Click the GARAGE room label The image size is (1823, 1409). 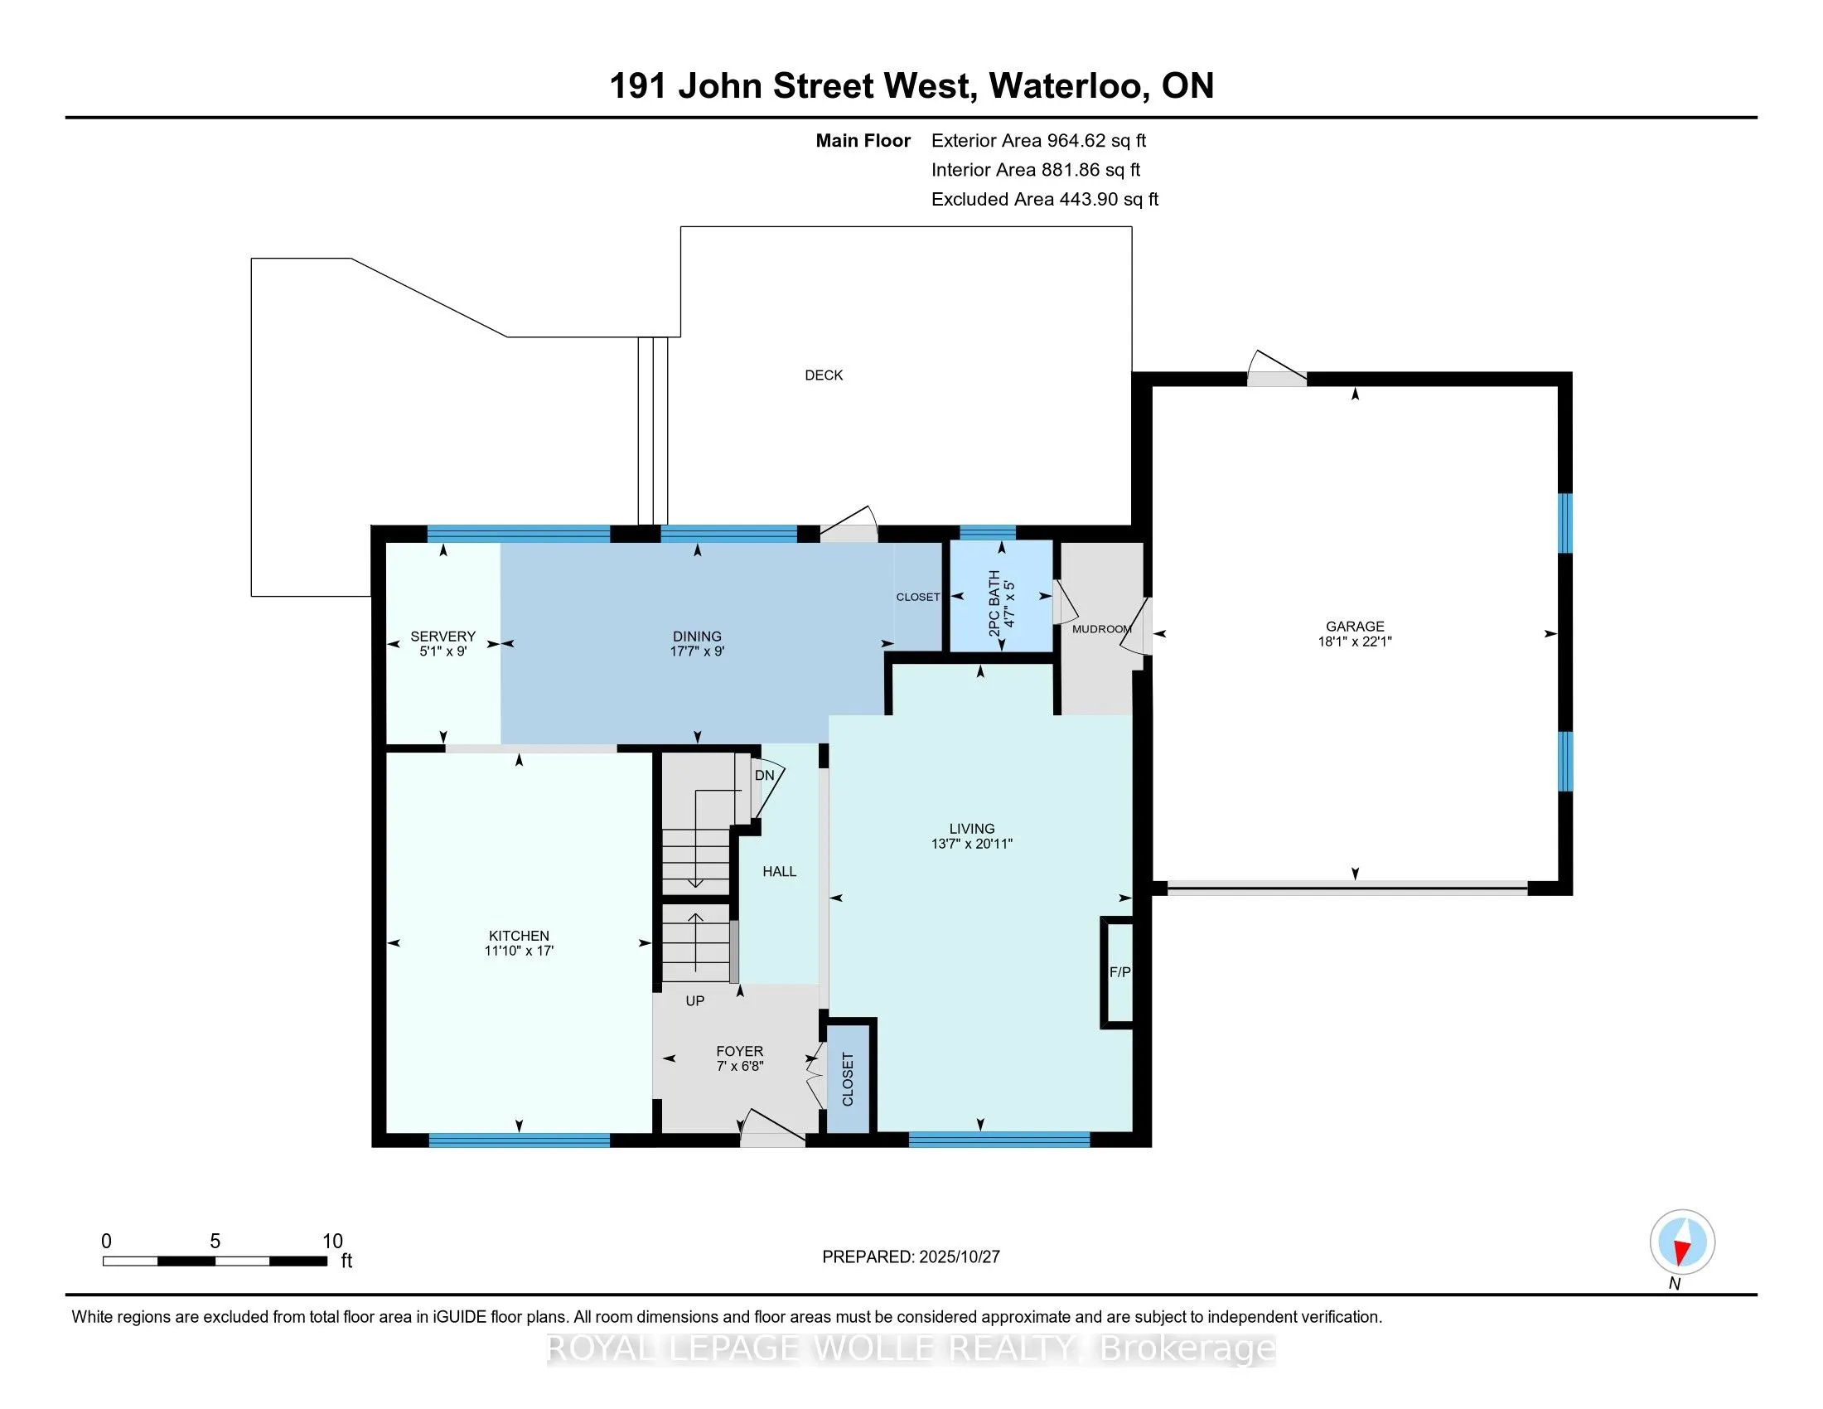click(x=1354, y=626)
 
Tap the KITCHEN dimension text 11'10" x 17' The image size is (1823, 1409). click(x=519, y=951)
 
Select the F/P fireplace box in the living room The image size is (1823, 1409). click(x=1119, y=971)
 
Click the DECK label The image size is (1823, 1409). click(x=823, y=375)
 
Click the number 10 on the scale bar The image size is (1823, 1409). click(x=332, y=1242)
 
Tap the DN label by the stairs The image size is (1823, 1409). click(x=764, y=776)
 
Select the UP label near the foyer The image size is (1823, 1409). click(x=694, y=1001)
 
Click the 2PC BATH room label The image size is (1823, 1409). click(x=994, y=603)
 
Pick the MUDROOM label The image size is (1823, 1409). click(x=1101, y=629)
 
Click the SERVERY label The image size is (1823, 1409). click(x=442, y=636)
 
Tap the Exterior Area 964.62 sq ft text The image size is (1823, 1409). click(x=1038, y=141)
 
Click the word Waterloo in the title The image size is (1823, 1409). click(x=1066, y=86)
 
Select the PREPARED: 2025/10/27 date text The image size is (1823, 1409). click(x=911, y=1257)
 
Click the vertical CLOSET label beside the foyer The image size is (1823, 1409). click(x=848, y=1079)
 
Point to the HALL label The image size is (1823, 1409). click(x=779, y=871)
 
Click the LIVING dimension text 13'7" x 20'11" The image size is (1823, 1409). click(x=972, y=844)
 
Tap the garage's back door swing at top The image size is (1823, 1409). click(x=1275, y=369)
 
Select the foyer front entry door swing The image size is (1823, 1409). click(x=772, y=1127)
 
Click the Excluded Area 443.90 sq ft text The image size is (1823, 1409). click(x=1044, y=200)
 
